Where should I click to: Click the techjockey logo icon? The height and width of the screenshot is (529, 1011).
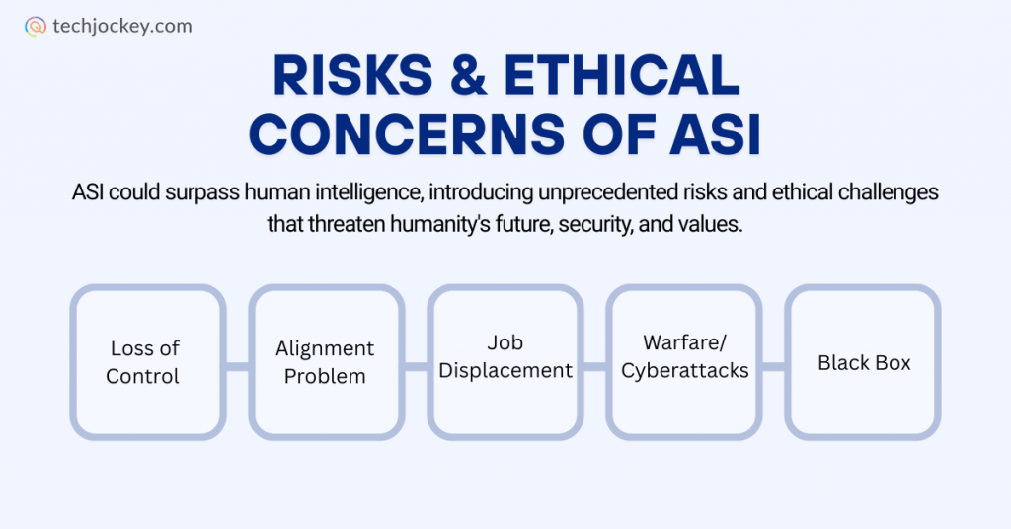pyautogui.click(x=35, y=27)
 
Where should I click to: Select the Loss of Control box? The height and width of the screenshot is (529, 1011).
pyautogui.click(x=147, y=362)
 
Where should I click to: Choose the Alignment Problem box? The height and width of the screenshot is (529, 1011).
pyautogui.click(x=326, y=362)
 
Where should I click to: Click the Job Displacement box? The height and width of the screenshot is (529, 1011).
pyautogui.click(x=505, y=362)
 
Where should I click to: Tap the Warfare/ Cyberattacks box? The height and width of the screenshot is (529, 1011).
pyautogui.click(x=684, y=362)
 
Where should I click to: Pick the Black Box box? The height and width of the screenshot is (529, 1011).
pyautogui.click(x=863, y=362)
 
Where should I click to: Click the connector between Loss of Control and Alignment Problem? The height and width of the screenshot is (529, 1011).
pyautogui.click(x=237, y=366)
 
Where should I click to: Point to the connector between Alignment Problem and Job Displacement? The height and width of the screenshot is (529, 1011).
pyautogui.click(x=416, y=366)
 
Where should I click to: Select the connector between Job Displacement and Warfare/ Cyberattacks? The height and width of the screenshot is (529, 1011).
pyautogui.click(x=594, y=366)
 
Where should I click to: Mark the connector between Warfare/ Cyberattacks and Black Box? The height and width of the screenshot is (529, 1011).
pyautogui.click(x=774, y=366)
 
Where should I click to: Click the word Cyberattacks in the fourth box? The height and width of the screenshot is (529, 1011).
pyautogui.click(x=684, y=372)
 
